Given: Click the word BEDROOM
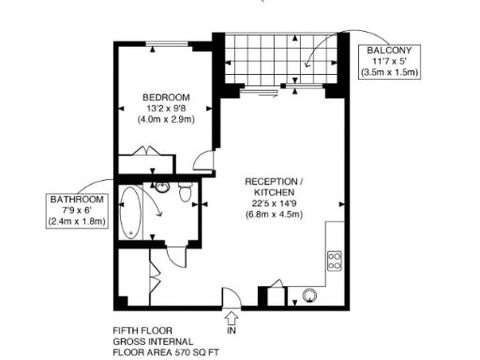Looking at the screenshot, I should coord(167,97).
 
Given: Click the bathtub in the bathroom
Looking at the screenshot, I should coord(131,214).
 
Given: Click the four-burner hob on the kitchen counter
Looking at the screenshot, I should coord(334,261).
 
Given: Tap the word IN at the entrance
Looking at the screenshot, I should coord(232,331).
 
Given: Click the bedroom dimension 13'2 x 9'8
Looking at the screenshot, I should coord(167,110).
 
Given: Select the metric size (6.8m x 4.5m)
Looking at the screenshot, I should coord(275,215).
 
